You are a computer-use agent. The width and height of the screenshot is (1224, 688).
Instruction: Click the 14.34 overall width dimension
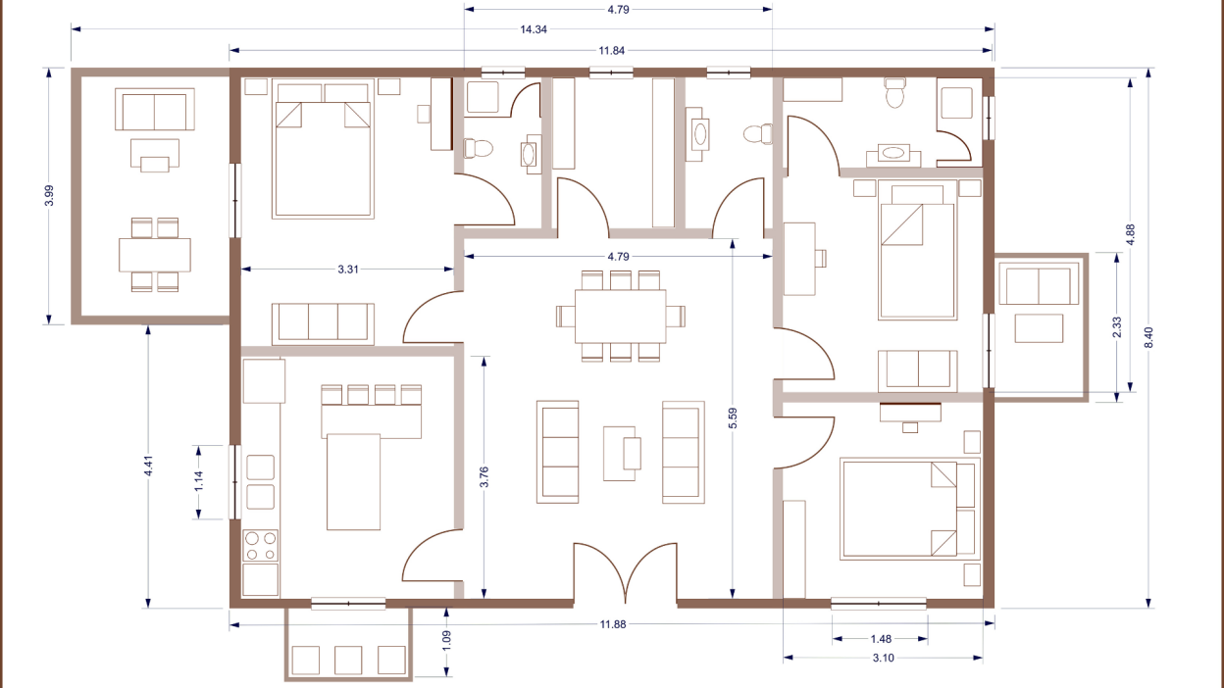(x=534, y=29)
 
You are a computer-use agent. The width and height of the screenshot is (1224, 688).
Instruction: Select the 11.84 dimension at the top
(x=612, y=50)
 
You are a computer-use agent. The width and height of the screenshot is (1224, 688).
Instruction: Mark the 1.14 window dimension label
(x=198, y=481)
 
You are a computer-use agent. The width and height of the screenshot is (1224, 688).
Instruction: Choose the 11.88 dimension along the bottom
(x=612, y=623)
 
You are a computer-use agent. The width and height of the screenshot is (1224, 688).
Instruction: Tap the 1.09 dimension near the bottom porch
(x=447, y=643)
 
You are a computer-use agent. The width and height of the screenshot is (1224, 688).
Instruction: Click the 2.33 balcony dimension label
(x=1116, y=324)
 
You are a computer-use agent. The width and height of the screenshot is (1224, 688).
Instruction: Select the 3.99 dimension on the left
(x=49, y=195)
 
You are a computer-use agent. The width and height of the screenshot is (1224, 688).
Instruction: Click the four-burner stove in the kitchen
(x=261, y=546)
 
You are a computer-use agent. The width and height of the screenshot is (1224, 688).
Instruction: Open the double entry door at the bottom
(x=625, y=573)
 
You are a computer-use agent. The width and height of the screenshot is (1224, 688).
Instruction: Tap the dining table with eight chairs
(x=620, y=316)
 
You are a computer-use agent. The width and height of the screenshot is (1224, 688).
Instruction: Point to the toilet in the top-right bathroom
(x=894, y=93)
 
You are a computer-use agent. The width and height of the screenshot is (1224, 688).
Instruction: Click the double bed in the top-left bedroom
(x=323, y=157)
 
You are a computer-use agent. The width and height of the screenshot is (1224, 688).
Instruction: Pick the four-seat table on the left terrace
(x=155, y=255)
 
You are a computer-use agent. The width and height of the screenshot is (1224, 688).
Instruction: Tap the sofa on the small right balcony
(x=1039, y=286)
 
